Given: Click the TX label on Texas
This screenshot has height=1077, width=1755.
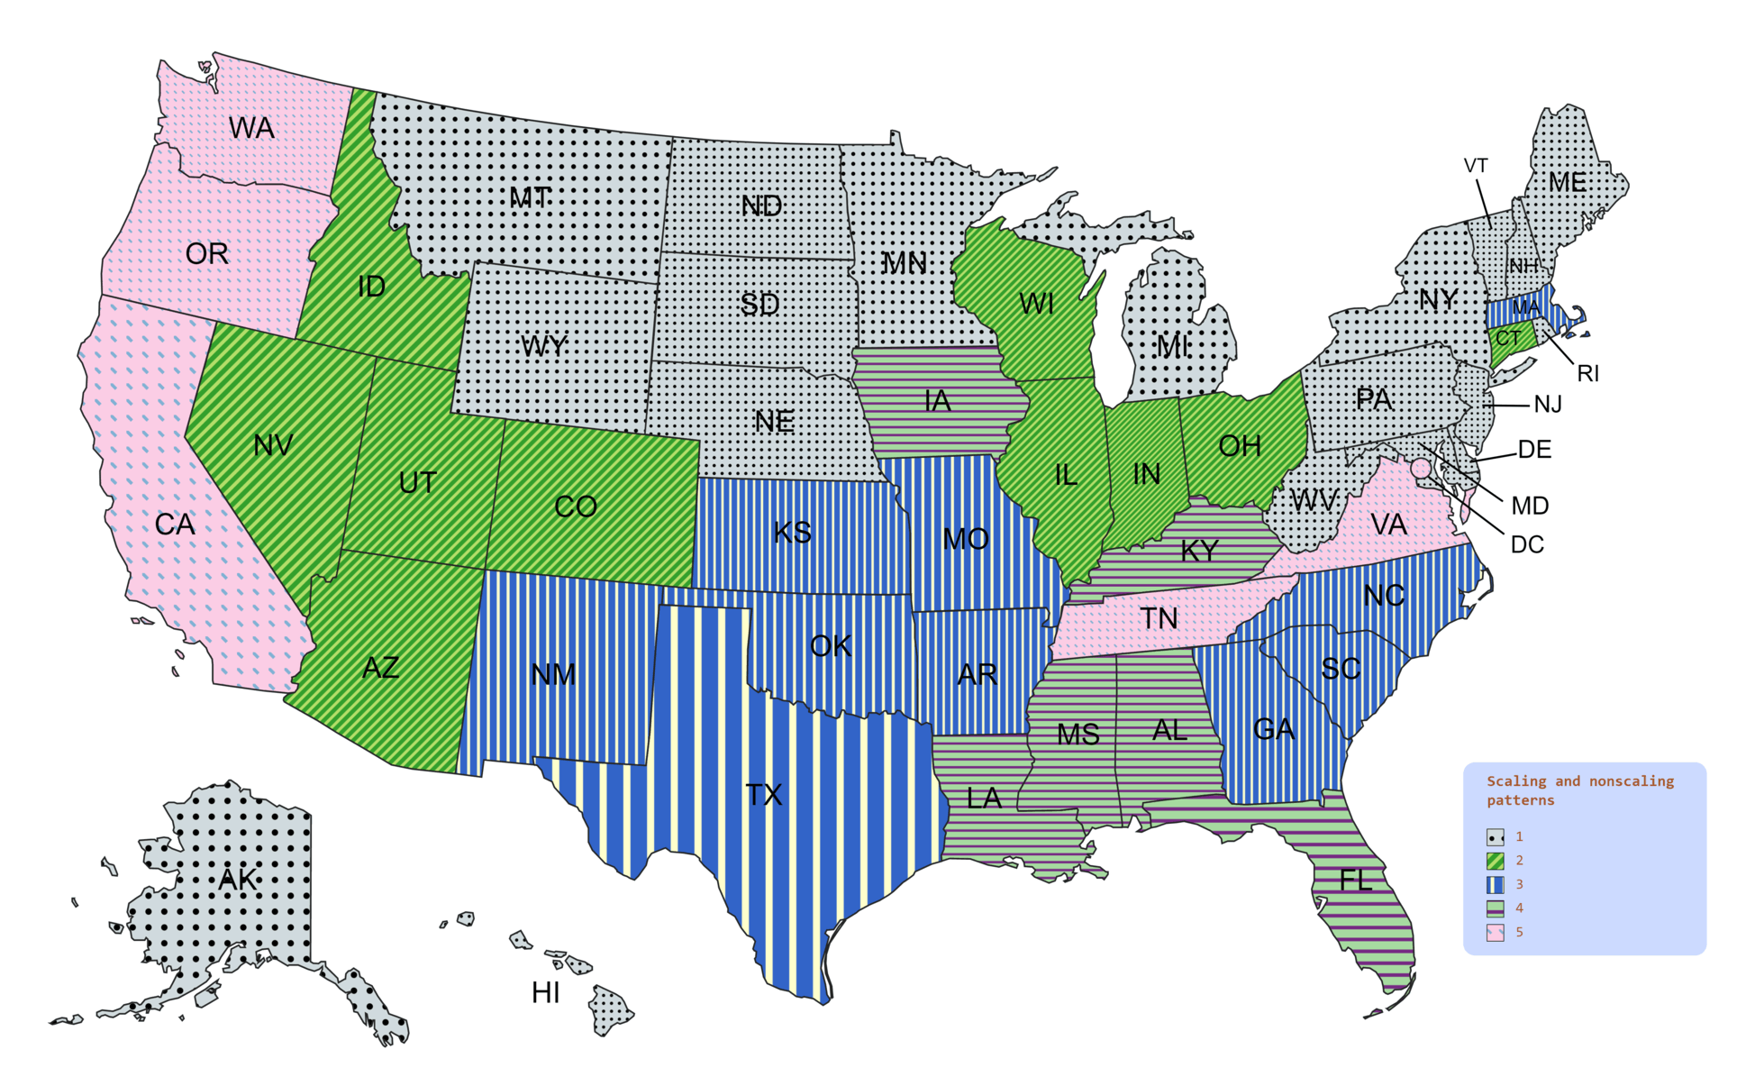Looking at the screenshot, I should coord(764,795).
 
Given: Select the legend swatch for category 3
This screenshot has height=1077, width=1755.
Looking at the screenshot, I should coord(1496,885).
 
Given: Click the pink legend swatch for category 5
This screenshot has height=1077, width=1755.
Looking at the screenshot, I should coord(1496,933).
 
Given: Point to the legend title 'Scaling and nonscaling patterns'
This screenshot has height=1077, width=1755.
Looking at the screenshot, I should coord(1579,790).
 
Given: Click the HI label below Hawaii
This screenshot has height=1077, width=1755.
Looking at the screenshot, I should coord(545,993).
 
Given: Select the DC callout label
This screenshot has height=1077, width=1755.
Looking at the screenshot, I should coord(1527,544).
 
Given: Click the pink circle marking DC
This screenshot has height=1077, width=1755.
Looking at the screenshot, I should coord(1421,468).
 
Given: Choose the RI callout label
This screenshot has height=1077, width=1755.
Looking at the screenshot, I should coord(1587,374).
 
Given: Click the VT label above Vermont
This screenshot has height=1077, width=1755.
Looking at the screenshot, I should coord(1476,166).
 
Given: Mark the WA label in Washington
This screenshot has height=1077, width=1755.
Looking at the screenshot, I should coord(251,129).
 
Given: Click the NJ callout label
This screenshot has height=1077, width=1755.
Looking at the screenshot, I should coord(1548,405).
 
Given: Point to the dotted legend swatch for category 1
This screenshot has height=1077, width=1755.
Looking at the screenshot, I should coord(1496,837).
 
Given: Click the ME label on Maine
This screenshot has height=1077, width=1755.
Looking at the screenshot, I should coord(1568,183).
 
